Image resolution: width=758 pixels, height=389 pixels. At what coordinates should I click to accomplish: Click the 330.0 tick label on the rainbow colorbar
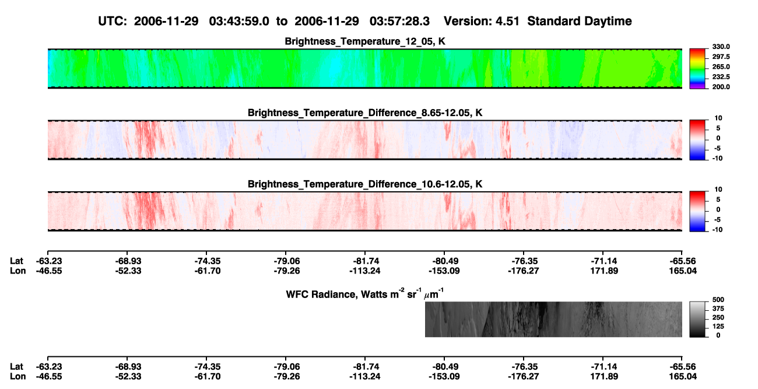point(721,47)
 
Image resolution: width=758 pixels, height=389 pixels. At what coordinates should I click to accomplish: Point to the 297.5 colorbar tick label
point(721,57)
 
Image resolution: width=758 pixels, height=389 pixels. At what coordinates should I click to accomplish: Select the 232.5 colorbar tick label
point(721,77)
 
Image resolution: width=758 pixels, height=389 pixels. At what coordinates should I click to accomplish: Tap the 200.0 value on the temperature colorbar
point(721,87)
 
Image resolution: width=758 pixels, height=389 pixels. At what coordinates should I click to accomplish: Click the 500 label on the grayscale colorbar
point(718,300)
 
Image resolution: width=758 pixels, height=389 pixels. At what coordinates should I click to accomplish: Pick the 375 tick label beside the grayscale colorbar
point(718,309)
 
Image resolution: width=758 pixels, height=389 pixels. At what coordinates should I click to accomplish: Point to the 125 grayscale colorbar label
point(718,327)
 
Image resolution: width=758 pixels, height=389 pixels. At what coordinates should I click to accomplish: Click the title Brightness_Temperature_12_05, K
point(365,41)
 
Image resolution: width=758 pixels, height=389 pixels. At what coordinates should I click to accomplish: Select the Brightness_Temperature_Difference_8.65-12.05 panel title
point(365,113)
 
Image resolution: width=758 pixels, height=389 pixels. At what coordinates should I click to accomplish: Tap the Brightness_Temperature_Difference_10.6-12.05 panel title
point(365,184)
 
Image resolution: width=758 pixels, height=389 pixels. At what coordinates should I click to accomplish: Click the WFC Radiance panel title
point(365,294)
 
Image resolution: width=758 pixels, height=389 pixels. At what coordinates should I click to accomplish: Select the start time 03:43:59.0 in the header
point(239,22)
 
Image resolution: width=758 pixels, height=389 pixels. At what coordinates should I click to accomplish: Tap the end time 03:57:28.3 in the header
point(399,22)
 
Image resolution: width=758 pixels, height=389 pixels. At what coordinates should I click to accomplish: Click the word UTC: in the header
point(113,22)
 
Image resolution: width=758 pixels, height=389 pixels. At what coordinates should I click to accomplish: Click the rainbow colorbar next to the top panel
point(697,69)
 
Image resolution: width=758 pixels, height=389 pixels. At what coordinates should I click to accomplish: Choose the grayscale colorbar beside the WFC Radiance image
point(697,319)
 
